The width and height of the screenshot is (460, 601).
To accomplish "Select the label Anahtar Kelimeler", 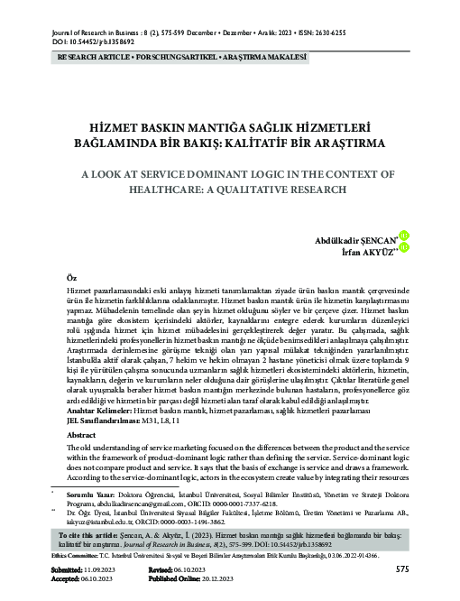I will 106,410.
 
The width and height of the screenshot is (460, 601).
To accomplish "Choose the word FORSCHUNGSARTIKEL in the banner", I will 188,56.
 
